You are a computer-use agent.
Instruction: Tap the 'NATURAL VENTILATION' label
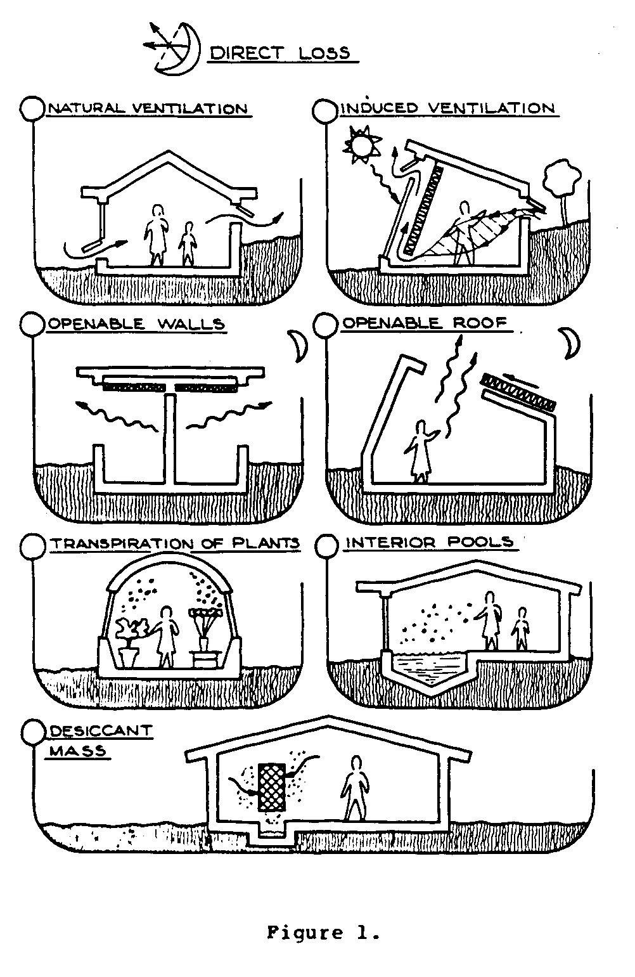click(x=148, y=108)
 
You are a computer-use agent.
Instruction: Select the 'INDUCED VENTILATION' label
click(x=448, y=108)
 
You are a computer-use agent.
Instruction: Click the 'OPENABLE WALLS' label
click(x=136, y=324)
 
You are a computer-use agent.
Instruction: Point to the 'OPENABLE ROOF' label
click(x=425, y=323)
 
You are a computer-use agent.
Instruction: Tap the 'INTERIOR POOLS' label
click(x=428, y=543)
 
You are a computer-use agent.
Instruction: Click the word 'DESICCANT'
click(x=100, y=730)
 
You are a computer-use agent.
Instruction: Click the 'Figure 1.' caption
click(x=323, y=933)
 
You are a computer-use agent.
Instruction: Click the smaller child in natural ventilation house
click(x=187, y=243)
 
